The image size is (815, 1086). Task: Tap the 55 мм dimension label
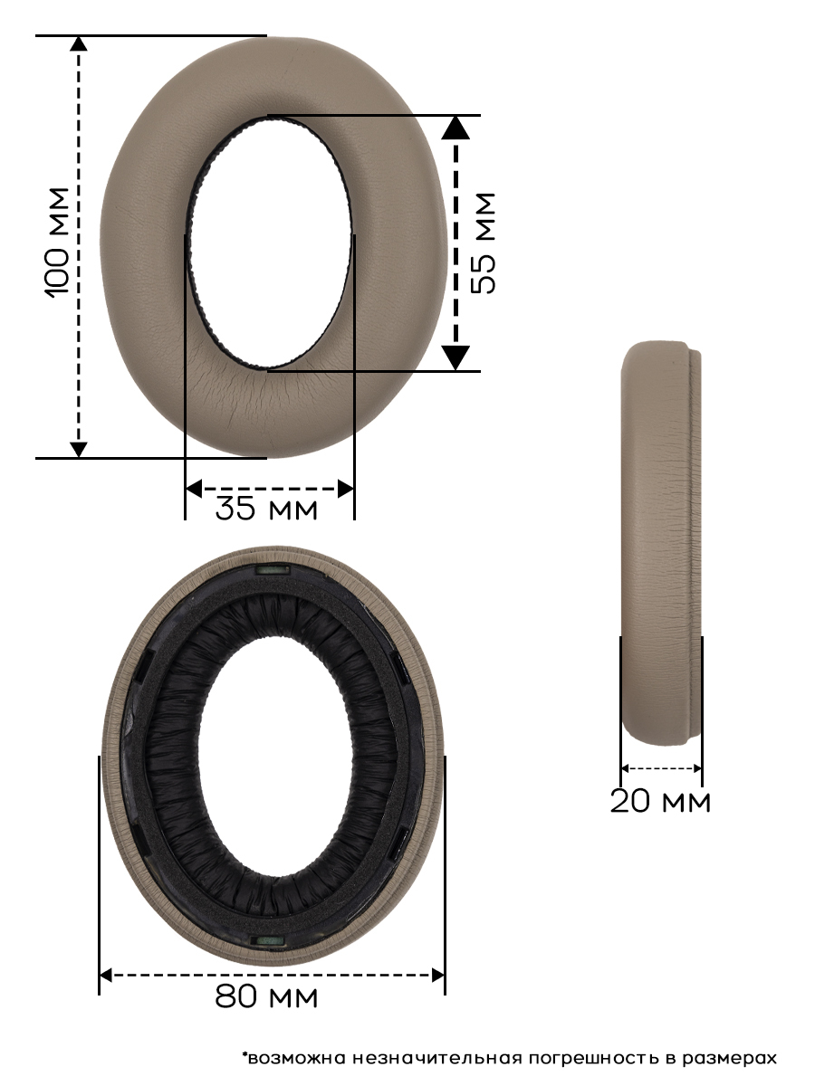pos(483,243)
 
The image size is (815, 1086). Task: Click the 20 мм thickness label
pos(660,801)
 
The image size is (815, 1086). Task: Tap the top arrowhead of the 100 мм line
pos(79,44)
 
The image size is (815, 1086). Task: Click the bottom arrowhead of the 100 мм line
pos(79,449)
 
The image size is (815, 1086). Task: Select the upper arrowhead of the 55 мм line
pos(455,128)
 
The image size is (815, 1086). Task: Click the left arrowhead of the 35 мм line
pos(194,489)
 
